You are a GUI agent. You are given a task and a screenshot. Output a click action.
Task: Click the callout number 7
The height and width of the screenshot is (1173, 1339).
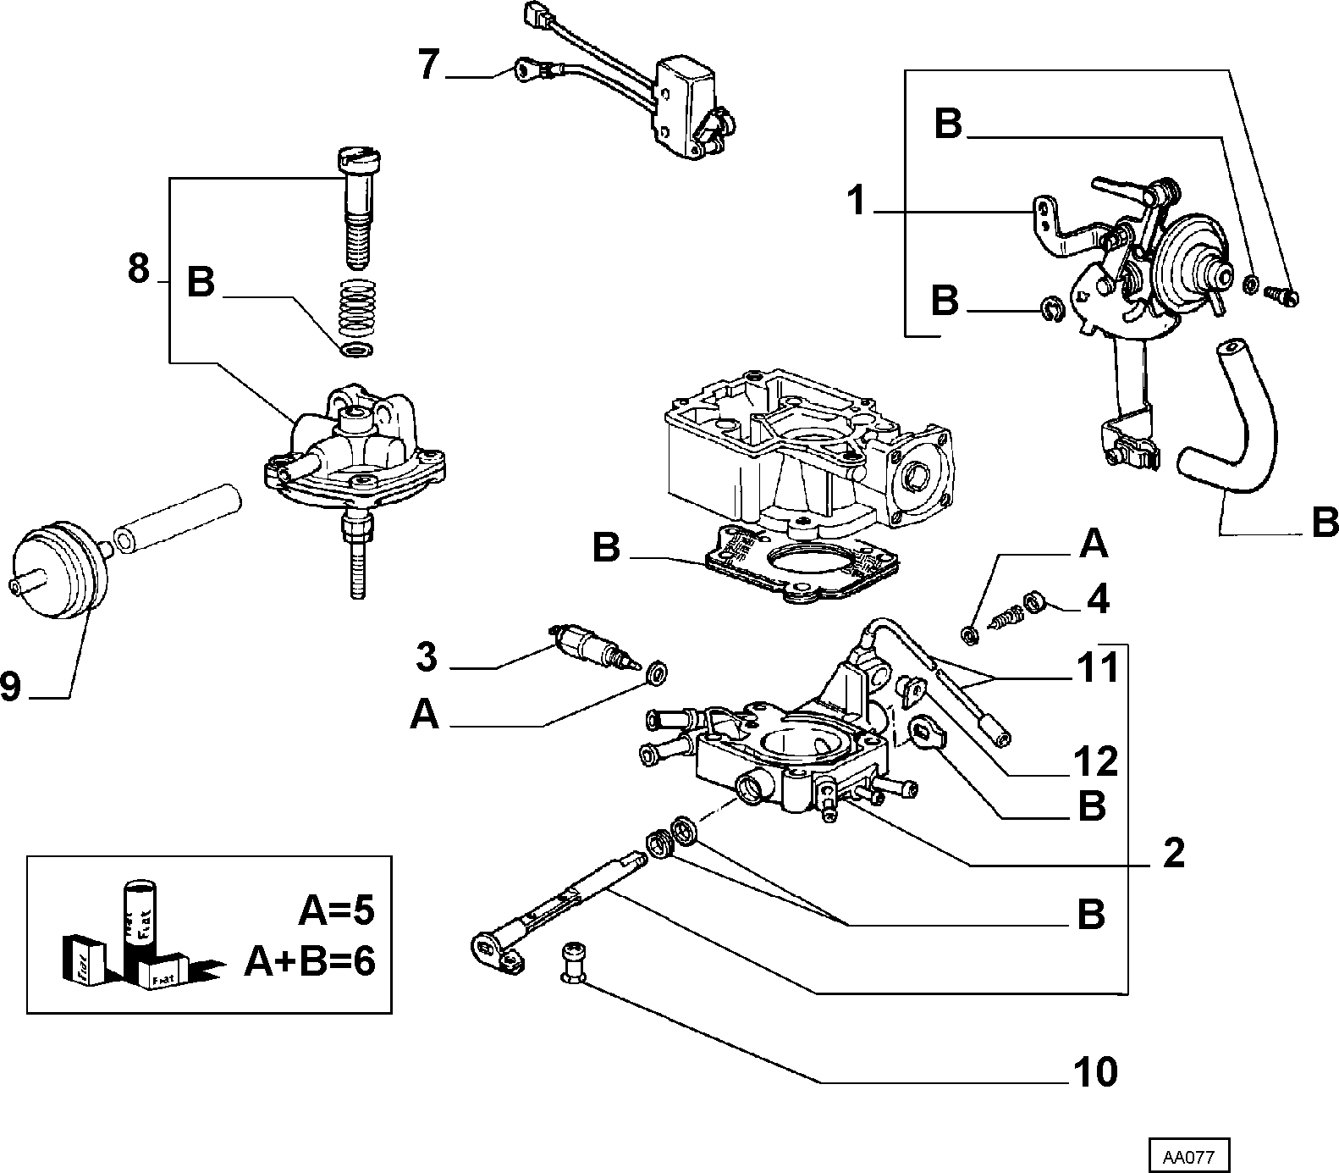click(430, 64)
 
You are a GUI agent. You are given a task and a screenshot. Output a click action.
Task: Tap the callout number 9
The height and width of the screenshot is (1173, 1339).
click(10, 685)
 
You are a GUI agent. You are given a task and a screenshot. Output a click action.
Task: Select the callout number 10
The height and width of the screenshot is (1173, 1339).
click(1095, 1072)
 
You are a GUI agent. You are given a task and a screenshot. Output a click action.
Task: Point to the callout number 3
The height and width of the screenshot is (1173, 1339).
click(427, 657)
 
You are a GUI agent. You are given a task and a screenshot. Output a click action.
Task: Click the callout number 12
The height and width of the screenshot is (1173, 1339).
click(1096, 761)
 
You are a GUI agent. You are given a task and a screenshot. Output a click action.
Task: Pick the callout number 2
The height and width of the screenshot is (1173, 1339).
click(1174, 855)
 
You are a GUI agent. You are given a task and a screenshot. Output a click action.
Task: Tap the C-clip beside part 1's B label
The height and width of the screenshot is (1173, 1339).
click(1050, 309)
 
